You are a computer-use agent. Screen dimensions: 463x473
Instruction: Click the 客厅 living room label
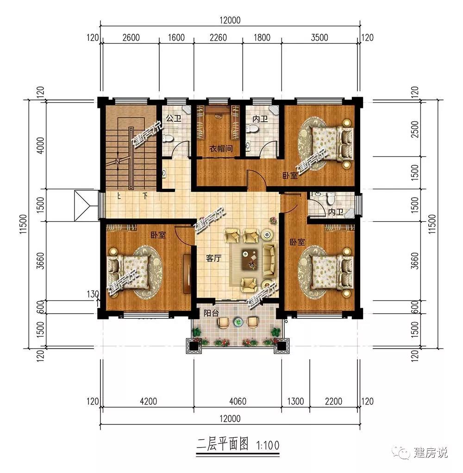coord(214,258)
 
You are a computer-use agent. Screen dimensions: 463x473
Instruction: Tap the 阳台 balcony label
coord(211,313)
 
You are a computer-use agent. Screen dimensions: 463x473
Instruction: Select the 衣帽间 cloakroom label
coord(221,149)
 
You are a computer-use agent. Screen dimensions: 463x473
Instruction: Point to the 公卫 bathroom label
coord(174,118)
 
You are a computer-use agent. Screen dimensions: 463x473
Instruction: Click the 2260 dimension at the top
coord(218,37)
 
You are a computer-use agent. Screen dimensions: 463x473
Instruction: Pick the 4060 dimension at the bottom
coord(238,401)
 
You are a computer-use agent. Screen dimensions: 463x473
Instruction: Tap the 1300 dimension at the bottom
coord(295,401)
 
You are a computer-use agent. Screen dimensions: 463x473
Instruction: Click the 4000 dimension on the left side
coord(40,145)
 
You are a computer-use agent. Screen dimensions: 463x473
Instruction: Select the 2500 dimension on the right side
coord(415,129)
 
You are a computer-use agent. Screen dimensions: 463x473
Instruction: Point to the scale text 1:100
coord(268,446)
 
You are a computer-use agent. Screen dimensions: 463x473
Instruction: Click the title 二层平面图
coord(222,444)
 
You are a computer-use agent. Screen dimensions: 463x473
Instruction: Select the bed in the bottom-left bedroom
coord(129,273)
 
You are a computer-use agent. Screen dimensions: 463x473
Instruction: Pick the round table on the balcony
coord(239,322)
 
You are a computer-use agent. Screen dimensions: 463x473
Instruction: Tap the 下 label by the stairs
coord(145,196)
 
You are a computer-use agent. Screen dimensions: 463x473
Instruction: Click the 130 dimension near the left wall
coord(93,294)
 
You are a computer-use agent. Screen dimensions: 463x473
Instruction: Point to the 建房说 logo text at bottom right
coord(430,453)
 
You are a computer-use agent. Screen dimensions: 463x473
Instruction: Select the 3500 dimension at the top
coord(319,37)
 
